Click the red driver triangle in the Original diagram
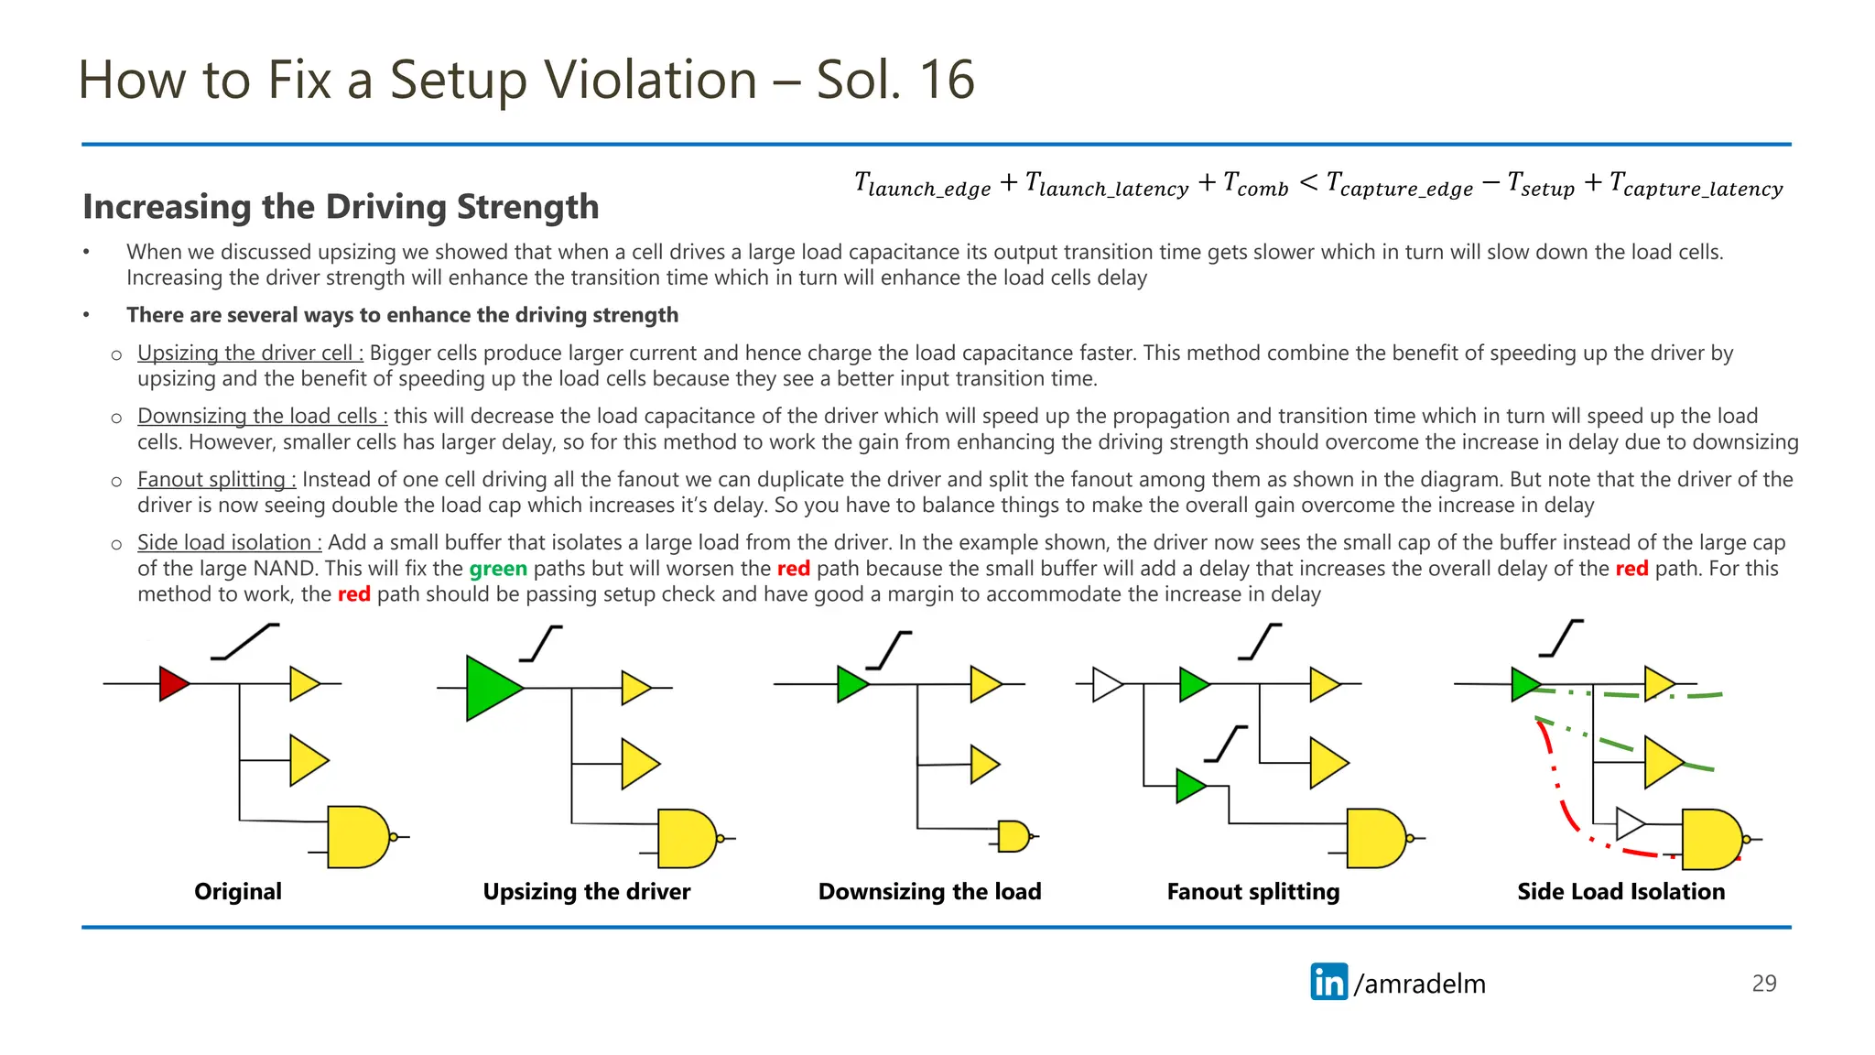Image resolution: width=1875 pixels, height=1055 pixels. coord(172,683)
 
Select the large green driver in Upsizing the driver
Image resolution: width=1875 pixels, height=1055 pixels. coord(491,688)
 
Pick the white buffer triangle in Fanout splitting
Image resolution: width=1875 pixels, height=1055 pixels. coord(1106,684)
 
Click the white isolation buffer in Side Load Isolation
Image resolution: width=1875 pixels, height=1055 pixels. coord(1629,823)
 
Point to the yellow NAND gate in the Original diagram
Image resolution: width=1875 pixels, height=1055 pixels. coord(357,836)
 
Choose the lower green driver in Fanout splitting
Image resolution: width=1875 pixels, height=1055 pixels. coord(1188,786)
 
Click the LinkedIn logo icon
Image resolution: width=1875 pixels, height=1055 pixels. coord(1328,982)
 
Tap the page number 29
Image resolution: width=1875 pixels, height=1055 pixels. coord(1763,984)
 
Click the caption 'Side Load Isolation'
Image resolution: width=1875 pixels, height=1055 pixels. coord(1620,891)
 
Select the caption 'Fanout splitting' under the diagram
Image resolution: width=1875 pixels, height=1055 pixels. coord(1252,891)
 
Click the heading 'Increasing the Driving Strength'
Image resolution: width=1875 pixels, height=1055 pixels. coord(341,207)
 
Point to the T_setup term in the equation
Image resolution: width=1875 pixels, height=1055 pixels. coord(1541,185)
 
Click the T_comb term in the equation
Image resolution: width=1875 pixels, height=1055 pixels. coord(1255,185)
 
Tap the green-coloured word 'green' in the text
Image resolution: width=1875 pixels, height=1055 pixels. coord(498,569)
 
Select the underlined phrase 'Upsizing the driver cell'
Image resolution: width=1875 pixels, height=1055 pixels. coord(250,353)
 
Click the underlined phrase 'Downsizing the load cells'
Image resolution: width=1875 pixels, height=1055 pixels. coord(262,416)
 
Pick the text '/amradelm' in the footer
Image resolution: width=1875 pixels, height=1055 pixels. coord(1419,984)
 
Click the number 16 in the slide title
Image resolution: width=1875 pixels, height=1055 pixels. coord(947,80)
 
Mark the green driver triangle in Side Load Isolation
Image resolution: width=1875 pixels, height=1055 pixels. coord(1524,684)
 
